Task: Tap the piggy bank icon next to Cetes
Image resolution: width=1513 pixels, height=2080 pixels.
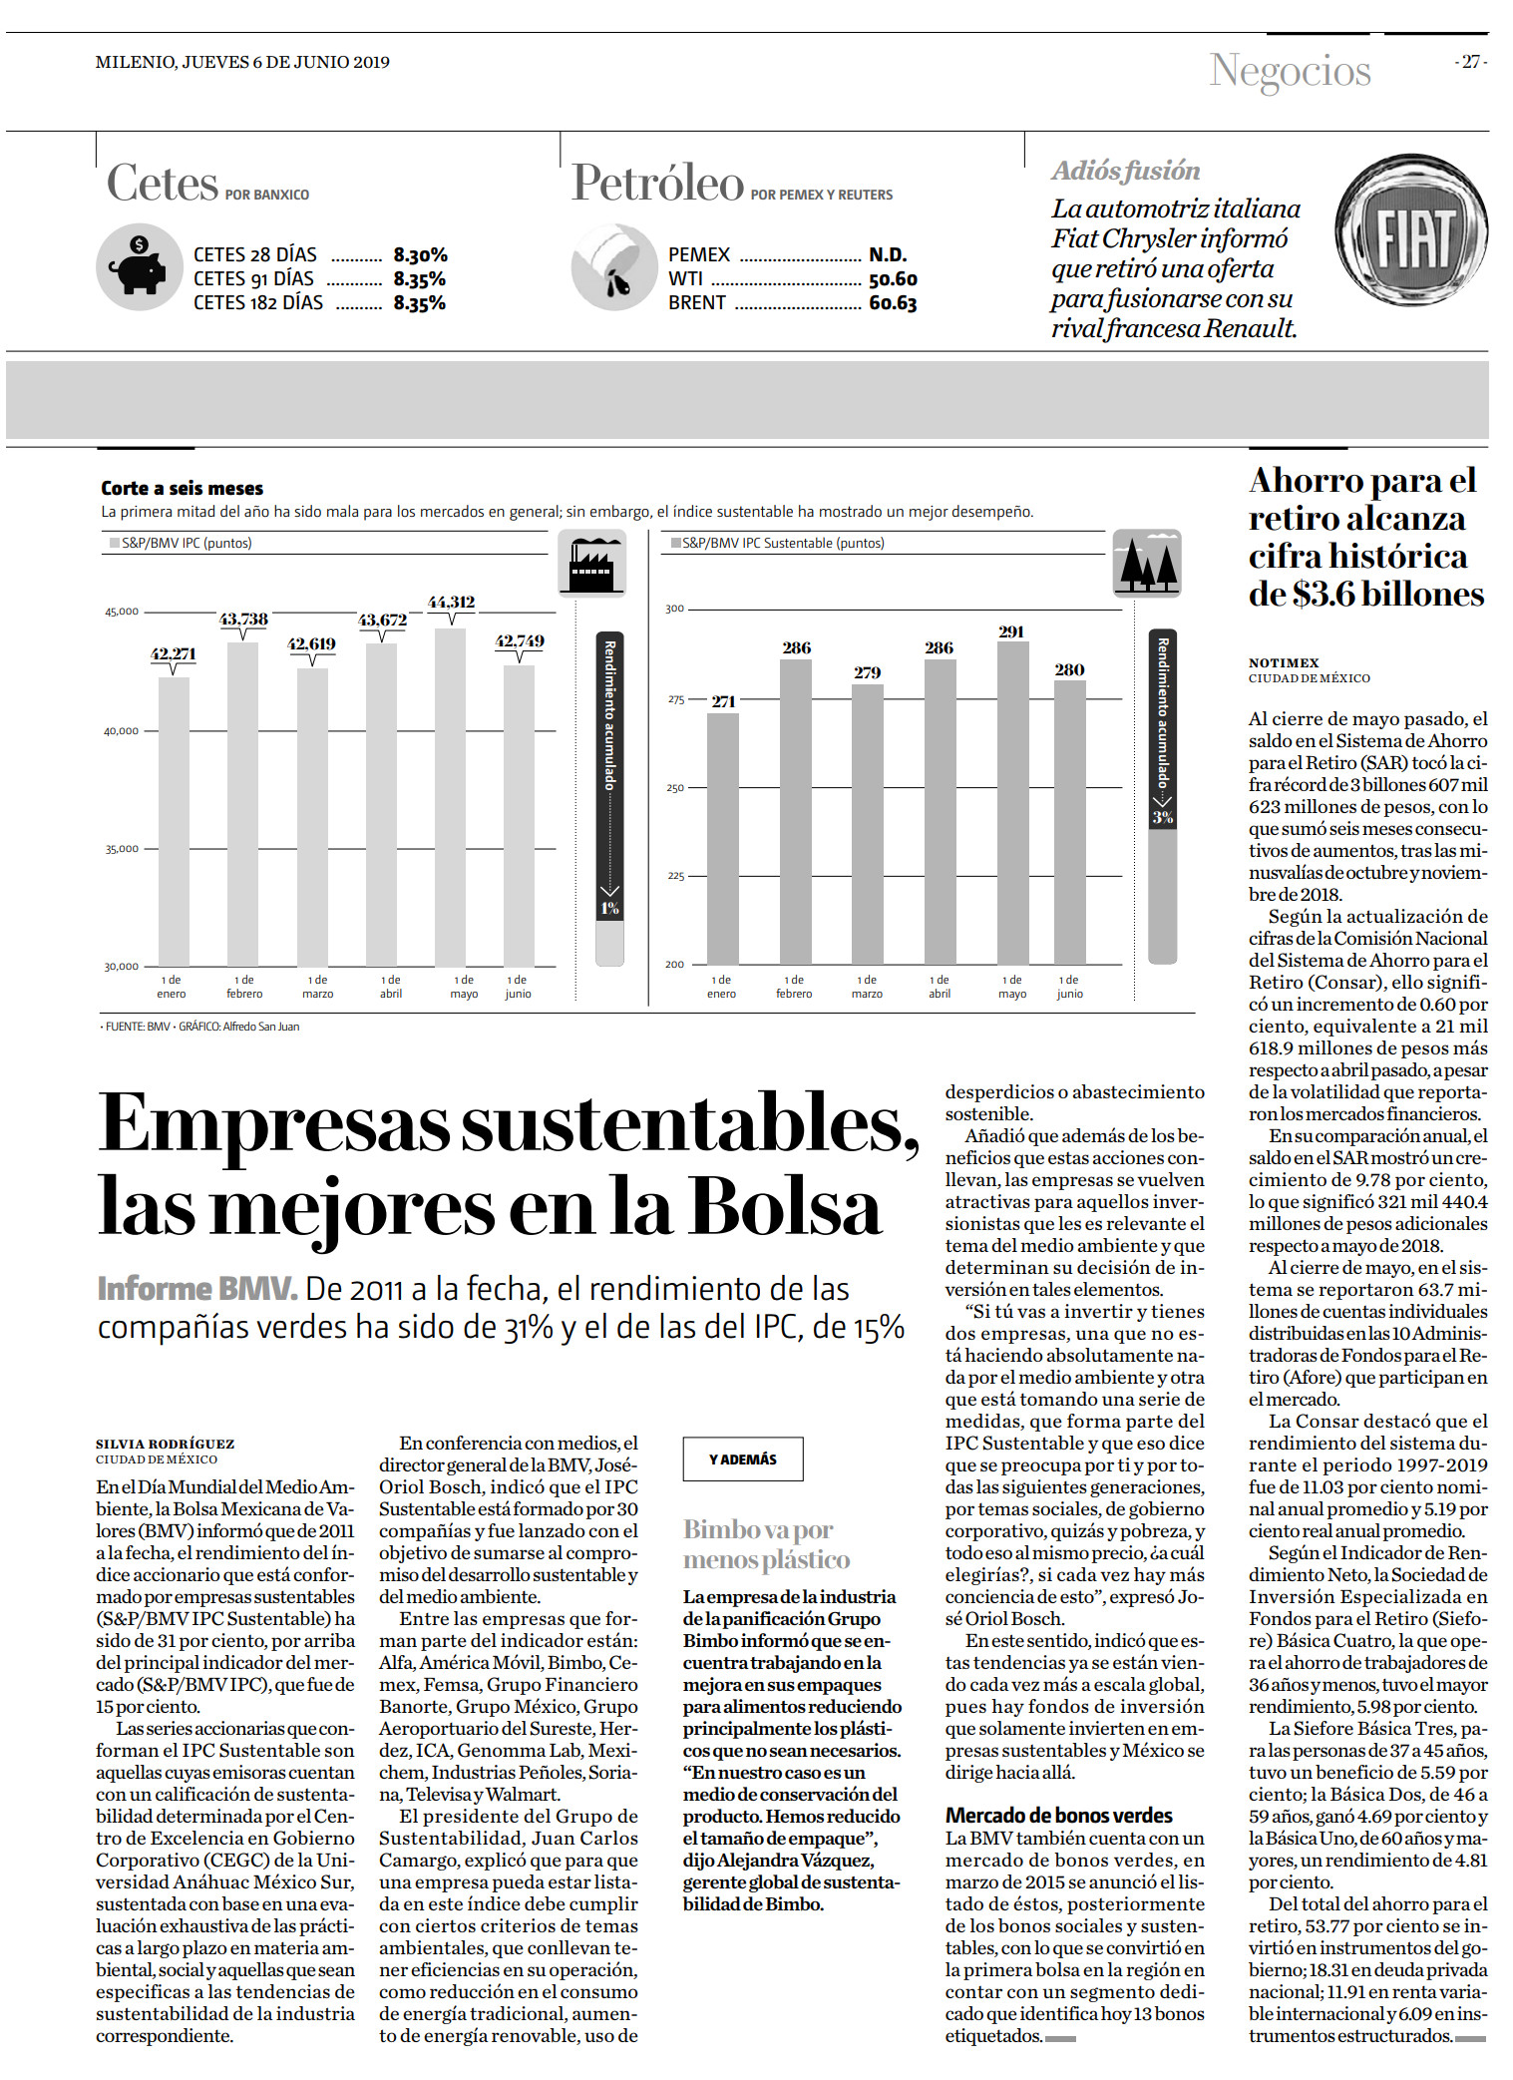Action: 140,266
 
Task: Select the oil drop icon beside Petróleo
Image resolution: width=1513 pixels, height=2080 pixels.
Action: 614,266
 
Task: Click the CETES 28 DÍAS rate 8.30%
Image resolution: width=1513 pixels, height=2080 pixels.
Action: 420,255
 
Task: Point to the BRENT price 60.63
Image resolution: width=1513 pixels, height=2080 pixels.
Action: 893,303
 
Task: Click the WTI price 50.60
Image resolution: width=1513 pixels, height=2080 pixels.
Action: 893,279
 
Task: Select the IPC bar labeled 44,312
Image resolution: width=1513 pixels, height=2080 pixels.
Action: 451,797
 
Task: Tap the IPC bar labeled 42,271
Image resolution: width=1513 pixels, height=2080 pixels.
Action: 174,821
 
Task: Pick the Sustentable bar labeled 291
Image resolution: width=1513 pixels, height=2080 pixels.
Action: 1012,803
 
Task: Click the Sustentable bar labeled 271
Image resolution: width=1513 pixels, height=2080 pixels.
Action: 723,839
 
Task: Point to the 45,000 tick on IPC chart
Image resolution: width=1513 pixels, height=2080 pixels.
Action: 122,612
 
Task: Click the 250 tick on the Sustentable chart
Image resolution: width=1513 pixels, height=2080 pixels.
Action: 675,788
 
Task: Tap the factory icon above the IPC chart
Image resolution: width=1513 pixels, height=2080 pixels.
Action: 592,564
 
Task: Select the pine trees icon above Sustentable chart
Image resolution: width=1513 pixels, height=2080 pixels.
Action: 1147,564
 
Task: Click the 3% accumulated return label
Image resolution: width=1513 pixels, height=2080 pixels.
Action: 1163,817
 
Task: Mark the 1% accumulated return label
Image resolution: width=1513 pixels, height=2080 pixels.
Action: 609,908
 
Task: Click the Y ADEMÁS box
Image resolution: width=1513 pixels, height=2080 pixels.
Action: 743,1459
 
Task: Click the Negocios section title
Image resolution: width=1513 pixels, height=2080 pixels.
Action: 1291,72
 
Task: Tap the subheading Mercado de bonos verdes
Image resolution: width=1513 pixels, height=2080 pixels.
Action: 1059,1815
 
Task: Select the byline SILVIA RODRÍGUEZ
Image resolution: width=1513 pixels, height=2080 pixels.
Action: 166,1444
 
